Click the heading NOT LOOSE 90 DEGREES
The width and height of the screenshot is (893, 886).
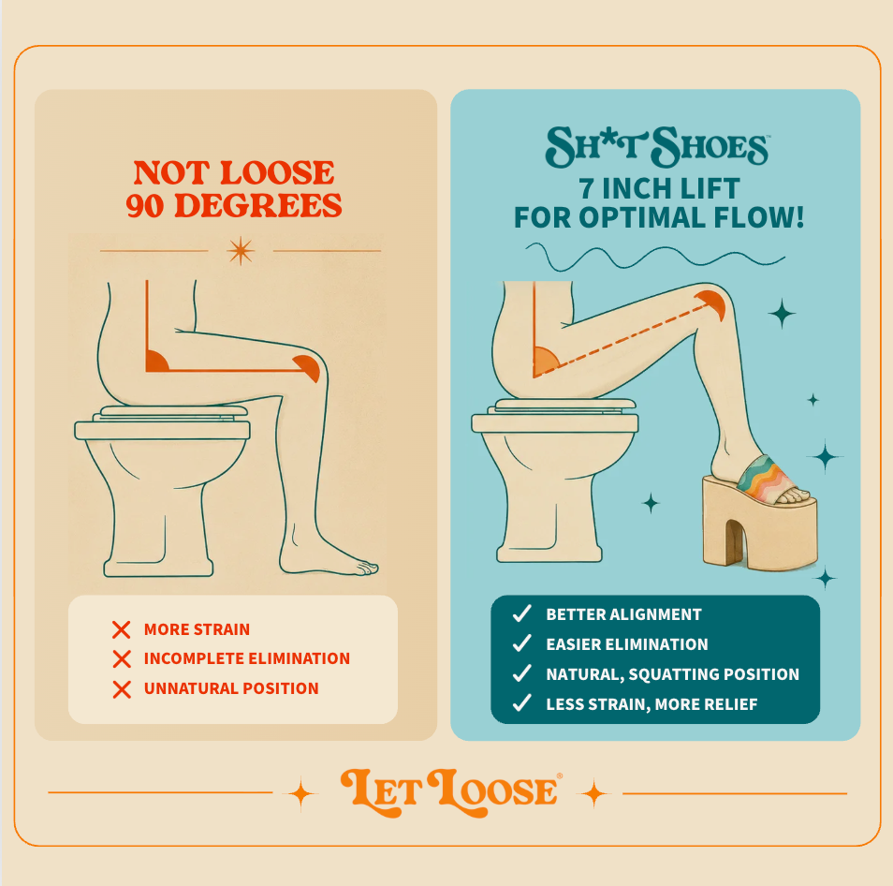[x=233, y=189]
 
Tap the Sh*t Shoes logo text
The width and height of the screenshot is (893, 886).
[x=658, y=146]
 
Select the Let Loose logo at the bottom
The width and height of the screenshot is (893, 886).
[x=451, y=792]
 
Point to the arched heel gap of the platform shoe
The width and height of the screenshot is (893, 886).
[x=734, y=542]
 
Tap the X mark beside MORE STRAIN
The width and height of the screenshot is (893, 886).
[x=122, y=629]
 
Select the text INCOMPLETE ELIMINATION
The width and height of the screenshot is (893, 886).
[x=246, y=658]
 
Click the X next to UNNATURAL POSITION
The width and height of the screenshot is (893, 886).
[x=122, y=689]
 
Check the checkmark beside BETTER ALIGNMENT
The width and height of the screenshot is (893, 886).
[x=521, y=613]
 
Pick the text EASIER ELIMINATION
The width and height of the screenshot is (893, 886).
[x=626, y=644]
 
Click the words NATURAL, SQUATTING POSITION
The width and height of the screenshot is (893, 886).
[x=672, y=674]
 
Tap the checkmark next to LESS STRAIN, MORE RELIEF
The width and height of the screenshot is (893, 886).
[x=521, y=703]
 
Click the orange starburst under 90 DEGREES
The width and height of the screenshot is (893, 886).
[x=241, y=251]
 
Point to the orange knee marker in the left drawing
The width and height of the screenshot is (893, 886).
[x=309, y=367]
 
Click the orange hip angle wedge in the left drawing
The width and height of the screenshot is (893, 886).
[x=155, y=362]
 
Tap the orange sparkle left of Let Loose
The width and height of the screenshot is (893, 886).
[x=300, y=793]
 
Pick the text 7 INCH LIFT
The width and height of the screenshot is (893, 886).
[x=659, y=188]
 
